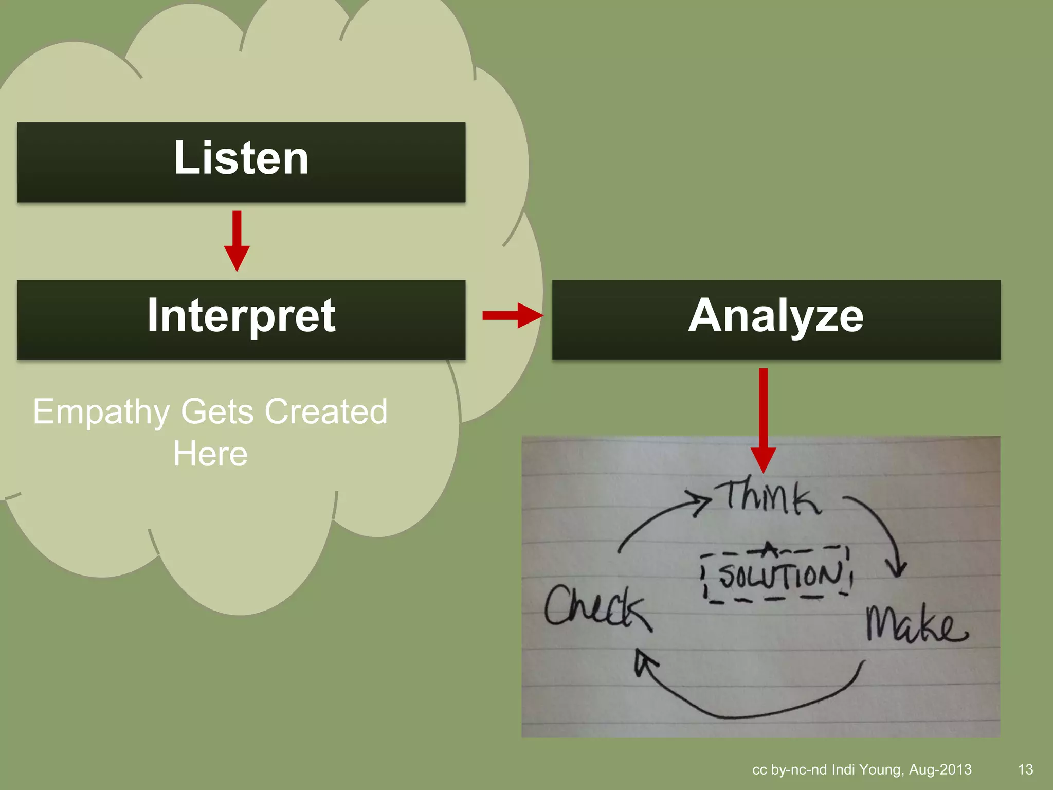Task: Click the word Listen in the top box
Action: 241,158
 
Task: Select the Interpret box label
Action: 241,316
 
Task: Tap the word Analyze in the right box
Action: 776,316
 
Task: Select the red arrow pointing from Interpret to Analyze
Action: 512,315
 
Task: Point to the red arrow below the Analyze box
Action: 763,419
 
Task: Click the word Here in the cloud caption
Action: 210,454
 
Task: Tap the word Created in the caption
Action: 326,412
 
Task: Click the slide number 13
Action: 1025,769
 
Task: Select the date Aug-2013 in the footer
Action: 940,769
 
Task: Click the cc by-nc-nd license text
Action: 789,769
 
